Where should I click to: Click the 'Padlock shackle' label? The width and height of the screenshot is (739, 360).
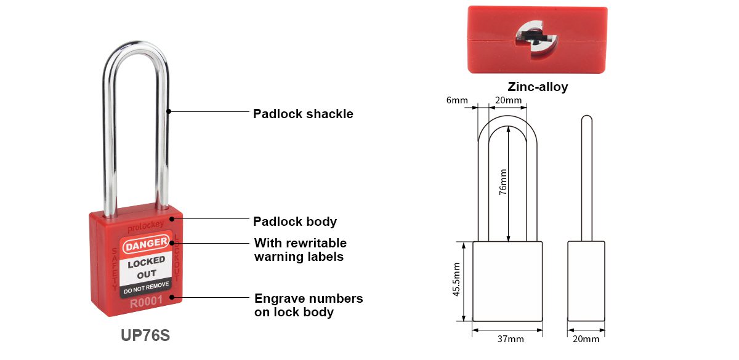click(303, 114)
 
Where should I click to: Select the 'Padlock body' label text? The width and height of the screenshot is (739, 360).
click(295, 221)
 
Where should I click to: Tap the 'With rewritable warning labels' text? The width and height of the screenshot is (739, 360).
click(301, 250)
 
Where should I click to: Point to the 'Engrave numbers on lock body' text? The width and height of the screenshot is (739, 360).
click(309, 305)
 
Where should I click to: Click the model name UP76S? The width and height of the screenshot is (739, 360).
click(145, 336)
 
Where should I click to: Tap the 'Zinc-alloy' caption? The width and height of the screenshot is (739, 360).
click(538, 87)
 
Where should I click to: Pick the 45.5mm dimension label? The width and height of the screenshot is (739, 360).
click(456, 281)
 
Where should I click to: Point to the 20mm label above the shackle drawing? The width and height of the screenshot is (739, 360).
click(509, 100)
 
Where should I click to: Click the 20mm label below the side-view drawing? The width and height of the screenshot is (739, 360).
click(586, 339)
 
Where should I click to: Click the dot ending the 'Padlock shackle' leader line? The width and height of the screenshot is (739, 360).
click(169, 112)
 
